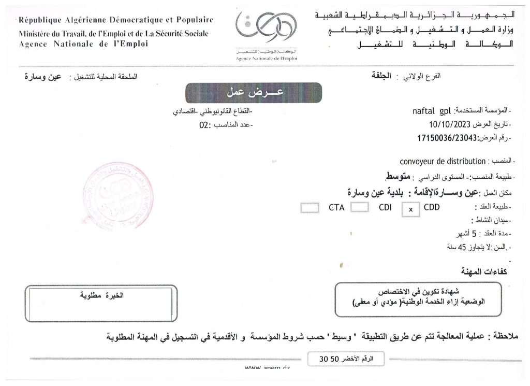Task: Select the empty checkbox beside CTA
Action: (310, 208)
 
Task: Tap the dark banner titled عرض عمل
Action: (254, 93)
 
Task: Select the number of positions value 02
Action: (203, 124)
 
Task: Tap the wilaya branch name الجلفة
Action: (383, 76)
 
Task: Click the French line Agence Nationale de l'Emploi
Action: (83, 45)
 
